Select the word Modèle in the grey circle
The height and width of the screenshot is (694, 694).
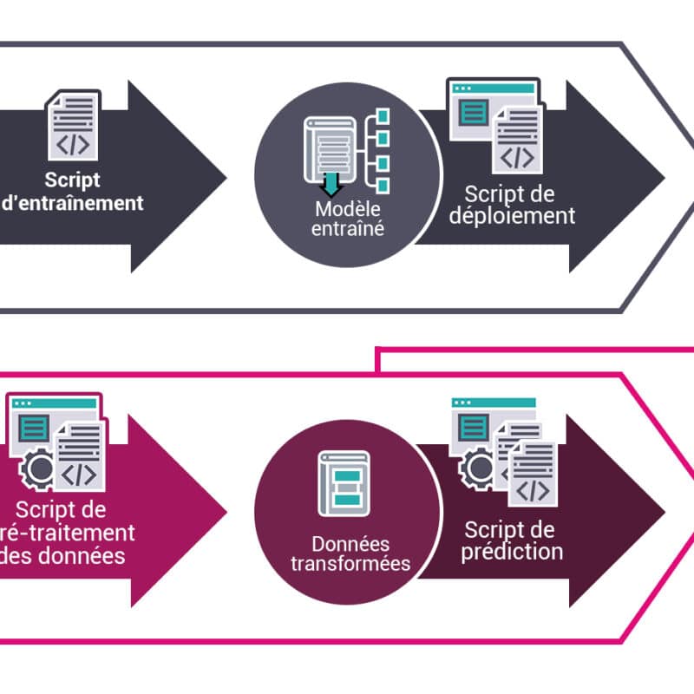coord(348,209)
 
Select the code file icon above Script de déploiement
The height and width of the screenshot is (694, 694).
coord(519,143)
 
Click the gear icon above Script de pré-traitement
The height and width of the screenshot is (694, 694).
coord(39,469)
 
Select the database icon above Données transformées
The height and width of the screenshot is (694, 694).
coord(345,484)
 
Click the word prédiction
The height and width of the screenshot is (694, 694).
coord(512,551)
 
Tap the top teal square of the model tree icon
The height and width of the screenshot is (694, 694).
coord(383,115)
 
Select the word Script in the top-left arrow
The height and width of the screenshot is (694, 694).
coord(73,181)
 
